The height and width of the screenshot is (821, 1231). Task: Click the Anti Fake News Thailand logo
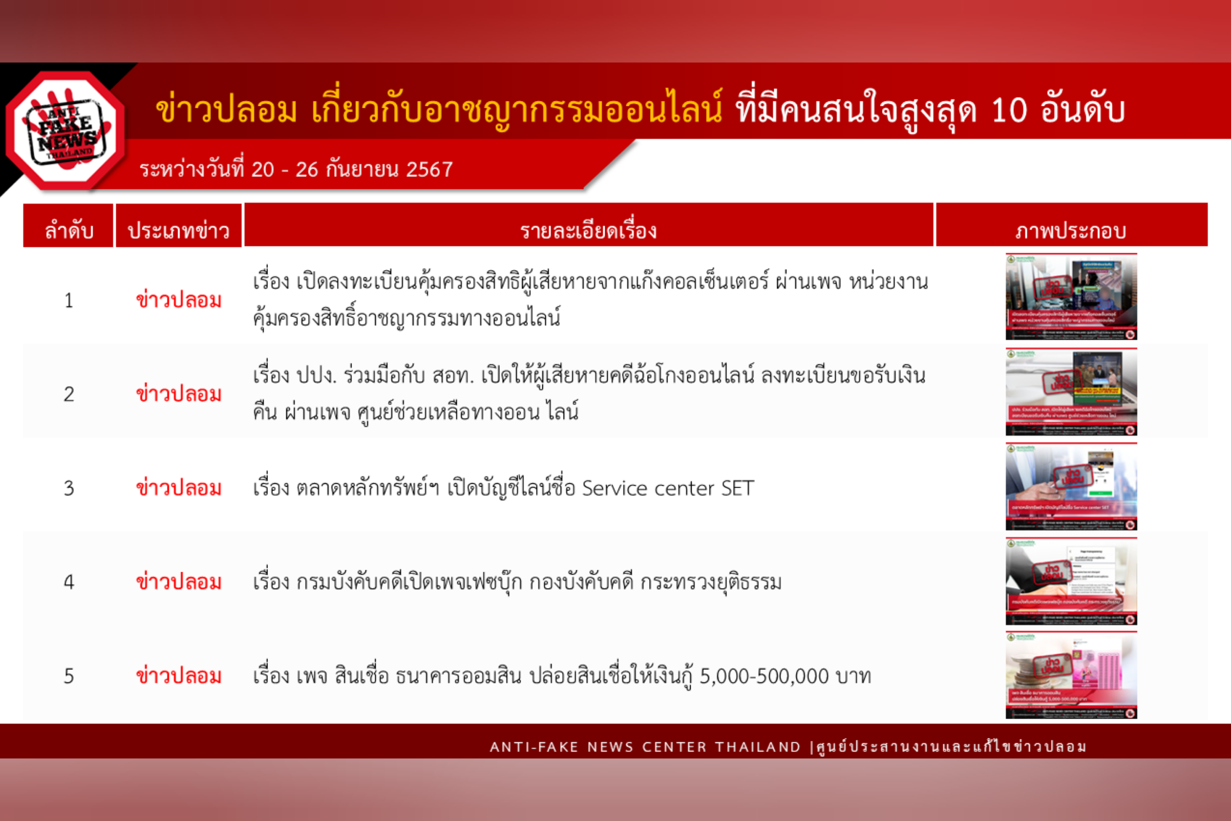pos(66,131)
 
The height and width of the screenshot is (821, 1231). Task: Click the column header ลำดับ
pos(69,230)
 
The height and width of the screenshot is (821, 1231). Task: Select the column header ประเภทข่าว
pos(178,230)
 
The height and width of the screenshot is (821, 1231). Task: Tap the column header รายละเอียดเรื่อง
pos(588,230)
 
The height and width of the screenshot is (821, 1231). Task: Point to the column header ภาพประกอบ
pos(1071,230)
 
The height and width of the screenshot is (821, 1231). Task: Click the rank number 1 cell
pos(69,301)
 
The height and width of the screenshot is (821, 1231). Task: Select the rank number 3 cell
pos(69,489)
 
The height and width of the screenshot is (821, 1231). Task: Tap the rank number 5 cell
pos(69,677)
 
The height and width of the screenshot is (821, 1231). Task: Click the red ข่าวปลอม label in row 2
pos(178,394)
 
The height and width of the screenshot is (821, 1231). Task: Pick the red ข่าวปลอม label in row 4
pos(178,582)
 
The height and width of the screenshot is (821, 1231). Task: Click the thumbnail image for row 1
pos(1071,296)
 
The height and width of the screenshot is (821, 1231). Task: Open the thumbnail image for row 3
pos(1071,487)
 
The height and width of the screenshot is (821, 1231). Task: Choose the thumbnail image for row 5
pos(1071,675)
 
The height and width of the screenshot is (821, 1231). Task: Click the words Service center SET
pos(668,489)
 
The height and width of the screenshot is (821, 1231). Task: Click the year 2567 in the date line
pos(429,170)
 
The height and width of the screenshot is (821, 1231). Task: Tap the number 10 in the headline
pos(1009,111)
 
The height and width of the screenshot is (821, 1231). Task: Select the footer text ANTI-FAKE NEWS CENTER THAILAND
pos(645,747)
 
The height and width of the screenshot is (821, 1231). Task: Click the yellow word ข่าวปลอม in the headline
pos(226,111)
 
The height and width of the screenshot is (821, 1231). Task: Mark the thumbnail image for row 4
pos(1071,581)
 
